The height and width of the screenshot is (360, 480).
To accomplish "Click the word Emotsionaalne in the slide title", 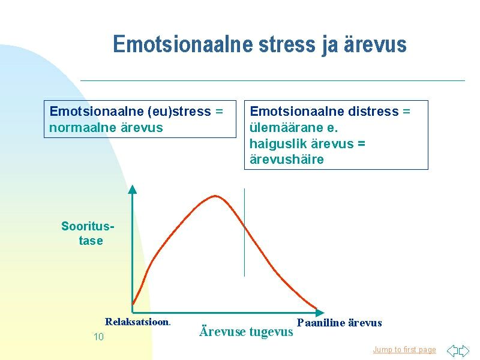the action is pyautogui.click(x=184, y=44).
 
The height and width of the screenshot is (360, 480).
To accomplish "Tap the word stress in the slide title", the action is pyautogui.click(x=287, y=44).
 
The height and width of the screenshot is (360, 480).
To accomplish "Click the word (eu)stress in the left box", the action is pyautogui.click(x=179, y=112).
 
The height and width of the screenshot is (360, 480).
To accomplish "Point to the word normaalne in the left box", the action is pyautogui.click(x=82, y=128).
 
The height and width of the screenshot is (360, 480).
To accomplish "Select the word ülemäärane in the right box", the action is pyautogui.click(x=286, y=128).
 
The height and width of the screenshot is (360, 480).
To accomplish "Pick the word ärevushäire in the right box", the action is pyautogui.click(x=287, y=160).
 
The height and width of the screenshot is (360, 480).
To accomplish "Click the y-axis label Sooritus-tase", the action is pyautogui.click(x=88, y=233).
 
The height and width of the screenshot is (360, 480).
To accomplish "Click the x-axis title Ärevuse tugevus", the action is pyautogui.click(x=246, y=332).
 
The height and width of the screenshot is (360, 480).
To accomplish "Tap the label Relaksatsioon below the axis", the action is pyautogui.click(x=138, y=322).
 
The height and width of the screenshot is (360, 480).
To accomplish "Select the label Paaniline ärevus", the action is pyautogui.click(x=340, y=323).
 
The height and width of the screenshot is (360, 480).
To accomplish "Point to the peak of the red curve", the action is pyautogui.click(x=215, y=196).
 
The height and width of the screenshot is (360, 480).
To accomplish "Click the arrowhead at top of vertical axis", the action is pyautogui.click(x=132, y=189).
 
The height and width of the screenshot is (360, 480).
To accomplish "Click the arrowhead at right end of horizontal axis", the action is pyautogui.click(x=320, y=313).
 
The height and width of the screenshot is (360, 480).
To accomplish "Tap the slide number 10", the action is pyautogui.click(x=98, y=337).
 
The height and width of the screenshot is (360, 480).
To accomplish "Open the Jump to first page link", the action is pyautogui.click(x=404, y=350).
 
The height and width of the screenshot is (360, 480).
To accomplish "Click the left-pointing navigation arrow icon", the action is pyautogui.click(x=452, y=350).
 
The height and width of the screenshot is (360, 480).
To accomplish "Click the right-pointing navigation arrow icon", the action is pyautogui.click(x=464, y=350).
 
